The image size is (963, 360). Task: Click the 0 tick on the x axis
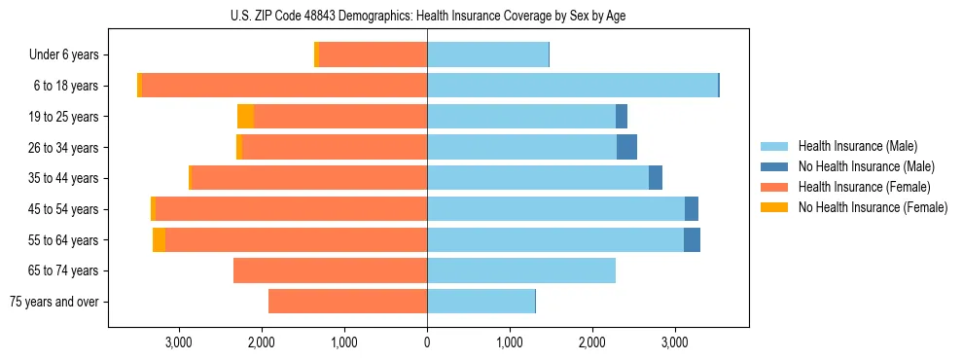pos(427,342)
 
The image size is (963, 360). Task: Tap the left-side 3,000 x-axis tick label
pos(178,342)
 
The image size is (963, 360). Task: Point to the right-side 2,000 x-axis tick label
pos(592,342)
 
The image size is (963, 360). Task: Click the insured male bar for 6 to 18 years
pos(572,86)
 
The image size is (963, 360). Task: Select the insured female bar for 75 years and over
pos(347,302)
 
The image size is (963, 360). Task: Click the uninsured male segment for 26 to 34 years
pos(626,147)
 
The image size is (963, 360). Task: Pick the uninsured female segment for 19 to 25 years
pos(245,117)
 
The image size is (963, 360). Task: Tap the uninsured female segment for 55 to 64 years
pos(159,239)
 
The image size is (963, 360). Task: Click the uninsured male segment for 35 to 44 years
pos(656,178)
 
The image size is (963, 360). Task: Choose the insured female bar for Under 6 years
pos(373,55)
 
